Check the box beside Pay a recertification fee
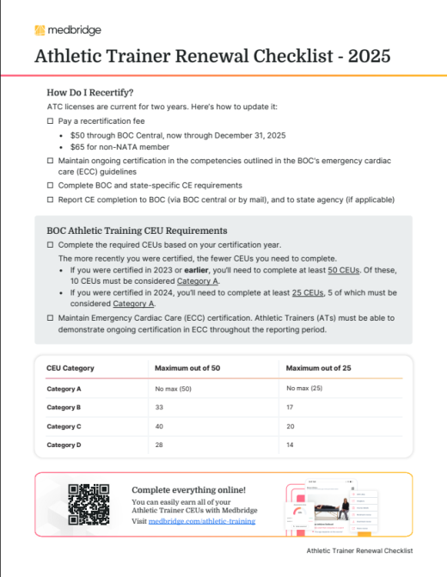[x=50, y=123]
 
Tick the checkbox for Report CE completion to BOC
[x=50, y=199]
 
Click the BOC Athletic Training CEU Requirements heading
[x=137, y=230]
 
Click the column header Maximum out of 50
[x=188, y=368]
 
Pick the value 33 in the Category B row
[x=160, y=408]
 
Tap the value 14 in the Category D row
[x=290, y=445]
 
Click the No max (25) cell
[x=304, y=390]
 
